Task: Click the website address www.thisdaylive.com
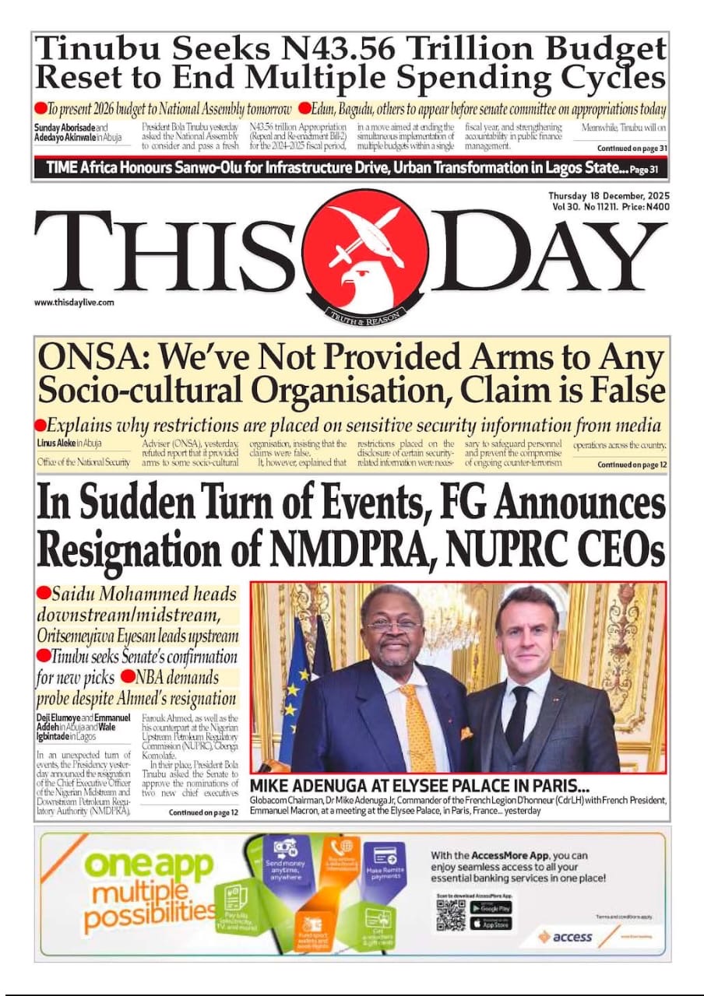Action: pos(74,303)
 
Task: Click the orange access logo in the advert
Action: pos(566,937)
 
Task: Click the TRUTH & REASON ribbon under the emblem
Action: pos(365,315)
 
